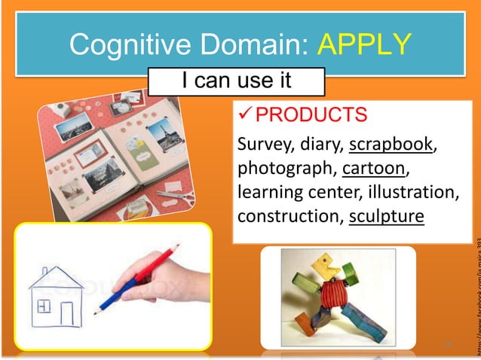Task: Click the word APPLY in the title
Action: pyautogui.click(x=365, y=46)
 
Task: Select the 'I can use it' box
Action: pyautogui.click(x=236, y=80)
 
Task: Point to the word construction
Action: pyautogui.click(x=286, y=216)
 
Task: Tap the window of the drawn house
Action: pyautogui.click(x=43, y=307)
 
